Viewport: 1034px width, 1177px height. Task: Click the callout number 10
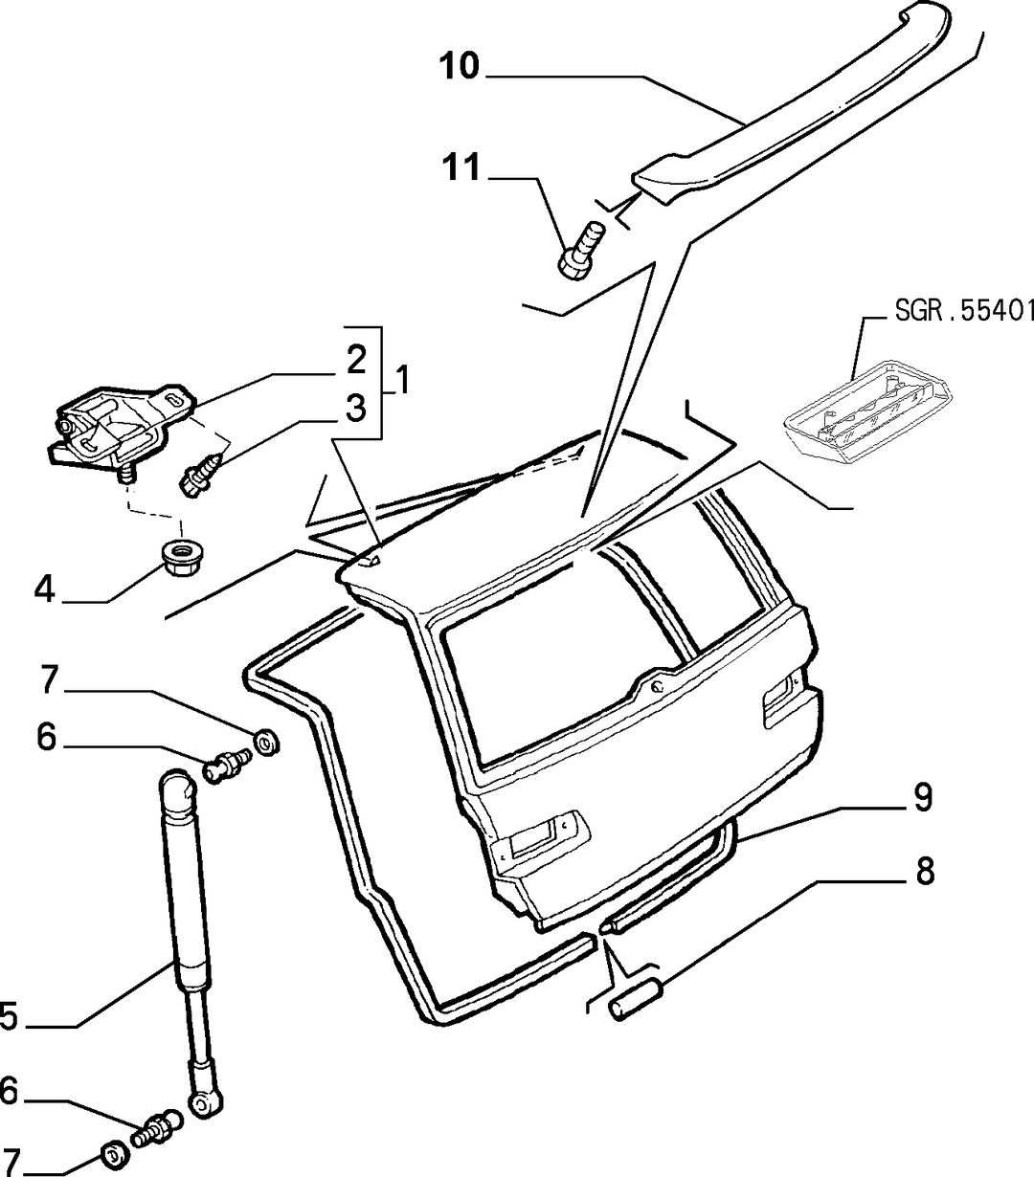coord(460,66)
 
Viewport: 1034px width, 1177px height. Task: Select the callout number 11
coord(461,167)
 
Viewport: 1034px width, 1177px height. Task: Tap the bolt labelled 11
coord(580,251)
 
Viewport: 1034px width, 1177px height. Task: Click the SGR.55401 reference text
coord(964,311)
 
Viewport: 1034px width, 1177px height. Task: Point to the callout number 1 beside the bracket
coord(401,381)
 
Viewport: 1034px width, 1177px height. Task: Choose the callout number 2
coord(356,359)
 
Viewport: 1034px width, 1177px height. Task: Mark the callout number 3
coord(356,408)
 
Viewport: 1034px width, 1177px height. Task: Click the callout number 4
coord(44,590)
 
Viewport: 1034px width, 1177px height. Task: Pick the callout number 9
coord(923,797)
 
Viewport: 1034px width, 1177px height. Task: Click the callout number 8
coord(925,872)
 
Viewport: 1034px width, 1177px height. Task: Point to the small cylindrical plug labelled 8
coord(635,1000)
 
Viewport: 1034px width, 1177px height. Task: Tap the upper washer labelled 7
coord(267,742)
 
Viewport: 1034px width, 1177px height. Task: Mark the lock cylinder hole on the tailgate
coord(657,685)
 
